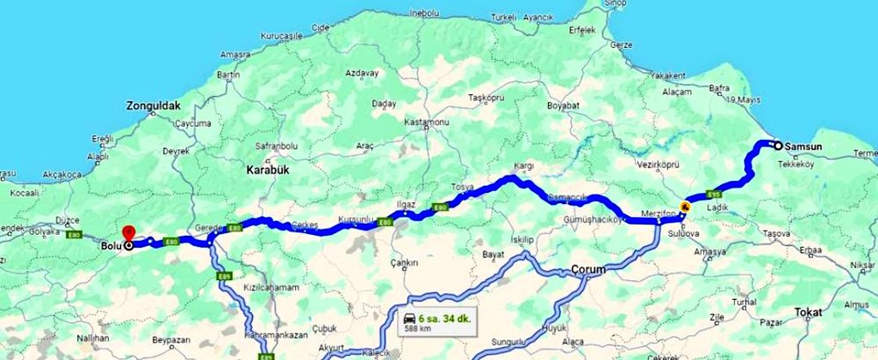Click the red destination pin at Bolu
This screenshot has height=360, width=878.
[x=128, y=232]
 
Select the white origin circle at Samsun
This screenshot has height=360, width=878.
[x=777, y=145]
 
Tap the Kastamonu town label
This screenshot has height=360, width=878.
[x=427, y=123]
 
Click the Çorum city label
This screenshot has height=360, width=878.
[x=588, y=270]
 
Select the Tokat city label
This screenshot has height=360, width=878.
[x=808, y=311]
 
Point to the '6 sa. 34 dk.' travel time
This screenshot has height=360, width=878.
[x=446, y=317]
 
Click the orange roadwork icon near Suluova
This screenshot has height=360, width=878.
[x=685, y=207]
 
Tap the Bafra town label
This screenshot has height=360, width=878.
[x=719, y=87]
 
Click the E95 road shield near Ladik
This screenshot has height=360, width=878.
[x=713, y=193]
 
